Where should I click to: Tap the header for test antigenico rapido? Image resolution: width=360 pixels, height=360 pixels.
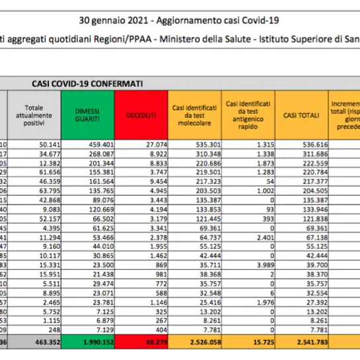248,114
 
